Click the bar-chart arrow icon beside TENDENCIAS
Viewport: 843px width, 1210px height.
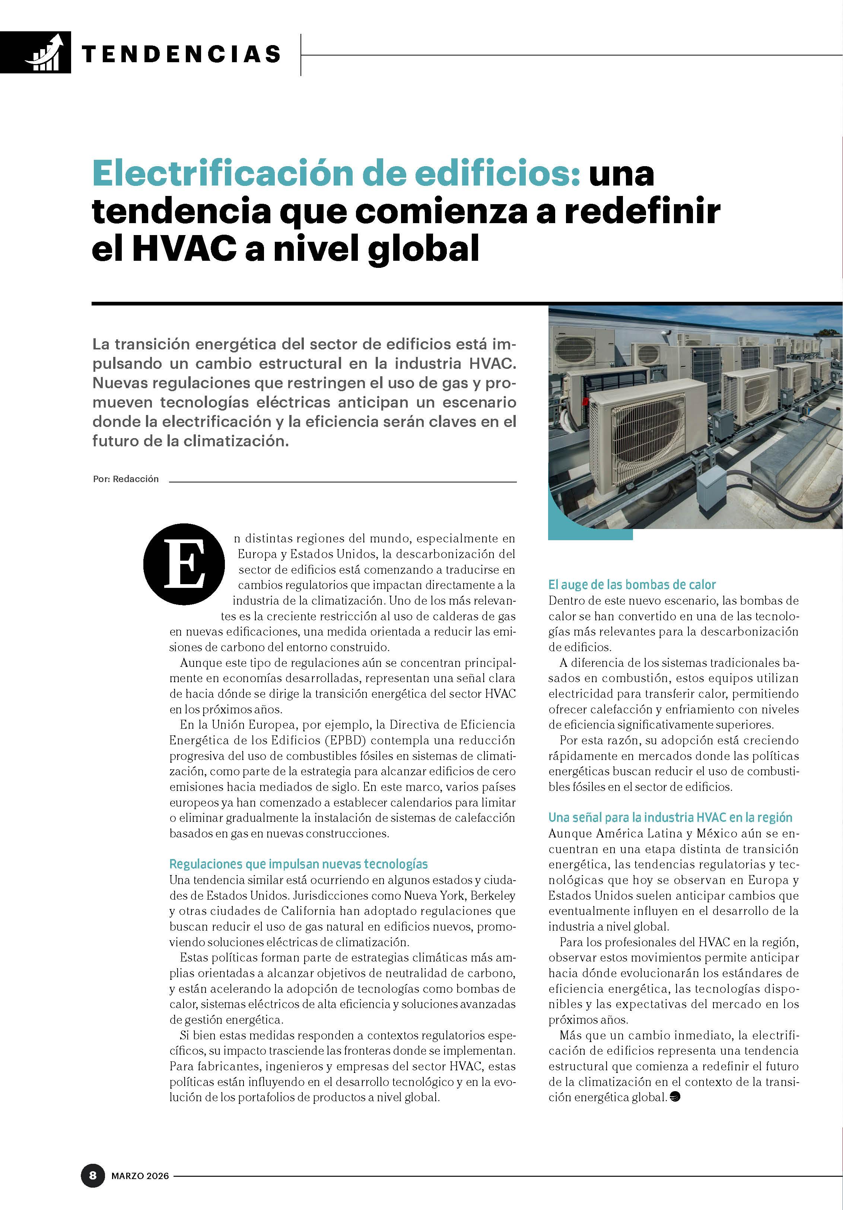click(x=47, y=53)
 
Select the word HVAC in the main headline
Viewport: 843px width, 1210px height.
click(x=184, y=249)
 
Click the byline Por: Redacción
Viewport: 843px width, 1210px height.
click(x=125, y=479)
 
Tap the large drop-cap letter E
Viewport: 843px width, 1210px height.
click(x=184, y=564)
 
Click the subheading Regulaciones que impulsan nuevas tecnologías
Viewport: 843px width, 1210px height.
click(x=298, y=864)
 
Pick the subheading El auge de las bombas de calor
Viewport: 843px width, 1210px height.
click(x=632, y=585)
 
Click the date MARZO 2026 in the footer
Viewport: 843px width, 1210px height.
click(x=140, y=1176)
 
